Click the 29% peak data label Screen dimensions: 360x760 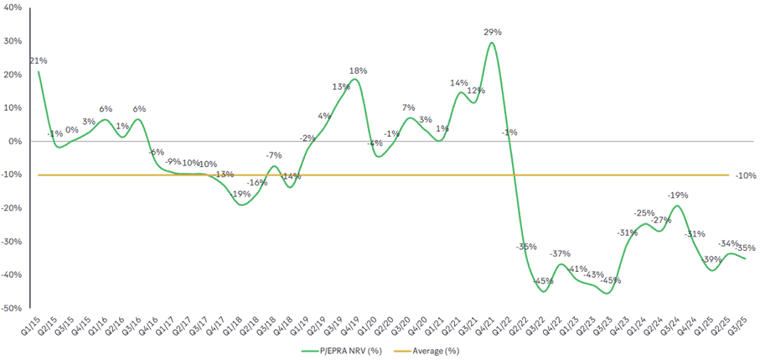click(x=493, y=32)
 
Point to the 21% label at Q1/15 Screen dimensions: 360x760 click(x=38, y=61)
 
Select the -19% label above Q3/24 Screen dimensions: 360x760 click(x=677, y=195)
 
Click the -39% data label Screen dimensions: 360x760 click(x=711, y=259)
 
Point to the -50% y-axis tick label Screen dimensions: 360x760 click(x=14, y=309)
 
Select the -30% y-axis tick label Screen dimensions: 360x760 click(x=14, y=242)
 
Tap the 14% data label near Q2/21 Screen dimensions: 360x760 click(x=458, y=83)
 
